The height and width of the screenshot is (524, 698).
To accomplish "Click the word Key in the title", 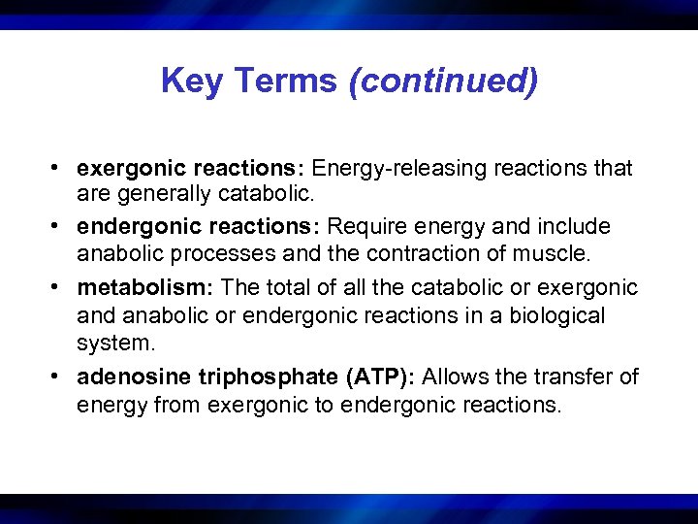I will pyautogui.click(x=190, y=81).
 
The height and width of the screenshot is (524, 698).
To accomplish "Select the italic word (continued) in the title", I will pyautogui.click(x=442, y=81).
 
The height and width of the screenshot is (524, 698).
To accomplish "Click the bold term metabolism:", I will pyautogui.click(x=147, y=287).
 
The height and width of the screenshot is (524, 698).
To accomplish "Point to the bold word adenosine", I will pyautogui.click(x=125, y=376).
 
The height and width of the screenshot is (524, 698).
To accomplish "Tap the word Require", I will pyautogui.click(x=366, y=227).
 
